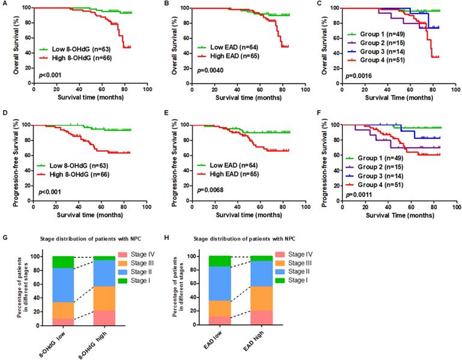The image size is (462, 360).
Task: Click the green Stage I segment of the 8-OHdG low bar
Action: coord(63,262)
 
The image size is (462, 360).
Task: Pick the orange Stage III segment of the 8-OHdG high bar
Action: coord(105,298)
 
